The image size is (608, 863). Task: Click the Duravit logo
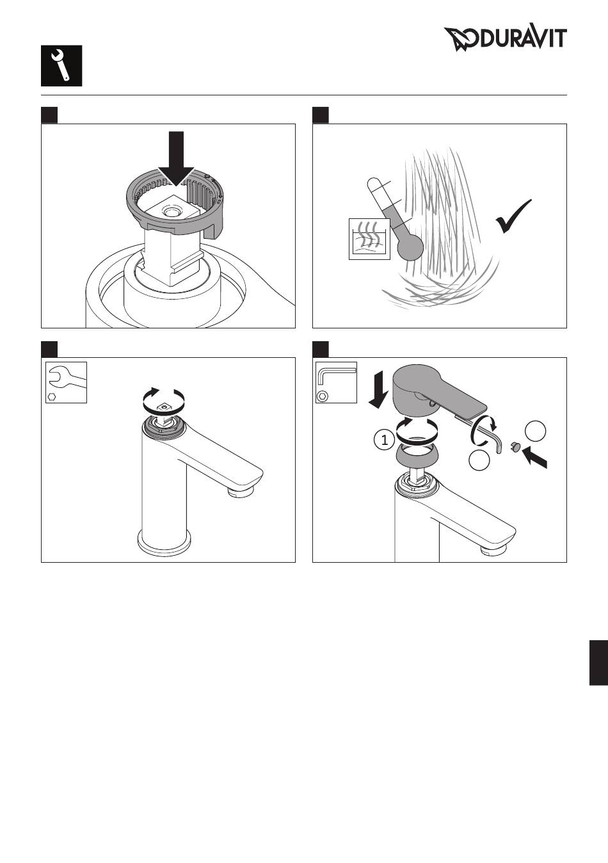505,39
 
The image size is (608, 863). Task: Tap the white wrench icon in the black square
60,65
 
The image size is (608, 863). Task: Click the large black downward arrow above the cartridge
177,159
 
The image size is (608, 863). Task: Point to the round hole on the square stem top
172,211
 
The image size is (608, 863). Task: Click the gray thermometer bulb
410,247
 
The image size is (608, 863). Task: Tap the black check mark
514,216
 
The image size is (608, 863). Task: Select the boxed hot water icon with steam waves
369,239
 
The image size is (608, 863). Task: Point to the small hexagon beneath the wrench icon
52,396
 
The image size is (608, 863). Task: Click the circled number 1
384,440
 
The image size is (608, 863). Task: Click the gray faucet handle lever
438,393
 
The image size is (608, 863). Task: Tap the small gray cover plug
515,447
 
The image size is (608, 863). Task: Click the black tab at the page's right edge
598,663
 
